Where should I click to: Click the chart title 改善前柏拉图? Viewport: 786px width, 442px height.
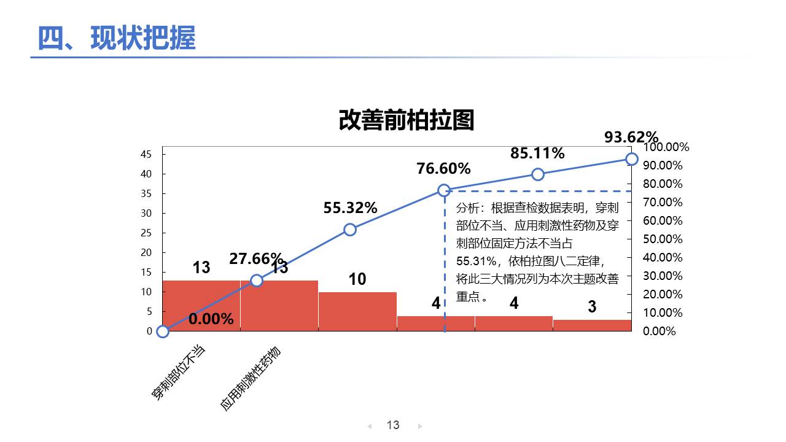pos(407,121)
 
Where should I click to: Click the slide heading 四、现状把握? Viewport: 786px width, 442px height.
pos(117,39)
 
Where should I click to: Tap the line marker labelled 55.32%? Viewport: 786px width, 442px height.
pos(350,230)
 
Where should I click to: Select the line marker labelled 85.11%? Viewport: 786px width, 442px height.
pos(538,174)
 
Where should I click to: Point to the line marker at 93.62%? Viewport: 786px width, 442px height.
pos(632,159)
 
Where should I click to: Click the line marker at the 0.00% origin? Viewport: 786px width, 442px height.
pos(163,331)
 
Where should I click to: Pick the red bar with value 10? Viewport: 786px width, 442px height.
pos(357,311)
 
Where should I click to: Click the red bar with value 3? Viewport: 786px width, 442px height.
pos(592,325)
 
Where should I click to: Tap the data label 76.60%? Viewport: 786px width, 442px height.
pos(443,168)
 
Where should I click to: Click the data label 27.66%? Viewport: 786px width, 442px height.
pos(256,258)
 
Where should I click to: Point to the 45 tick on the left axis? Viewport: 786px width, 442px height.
pos(146,155)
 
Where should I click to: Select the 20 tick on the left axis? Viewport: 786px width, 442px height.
pos(146,253)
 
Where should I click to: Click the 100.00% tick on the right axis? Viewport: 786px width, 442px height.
pos(666,147)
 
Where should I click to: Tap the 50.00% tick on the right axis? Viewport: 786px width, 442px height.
pos(663,239)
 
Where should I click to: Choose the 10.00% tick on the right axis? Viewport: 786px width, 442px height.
pos(663,313)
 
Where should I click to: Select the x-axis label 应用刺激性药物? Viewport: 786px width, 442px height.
pos(250,378)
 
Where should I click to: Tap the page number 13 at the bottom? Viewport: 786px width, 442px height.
pos(393,425)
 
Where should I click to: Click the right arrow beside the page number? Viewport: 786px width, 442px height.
pos(420,426)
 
